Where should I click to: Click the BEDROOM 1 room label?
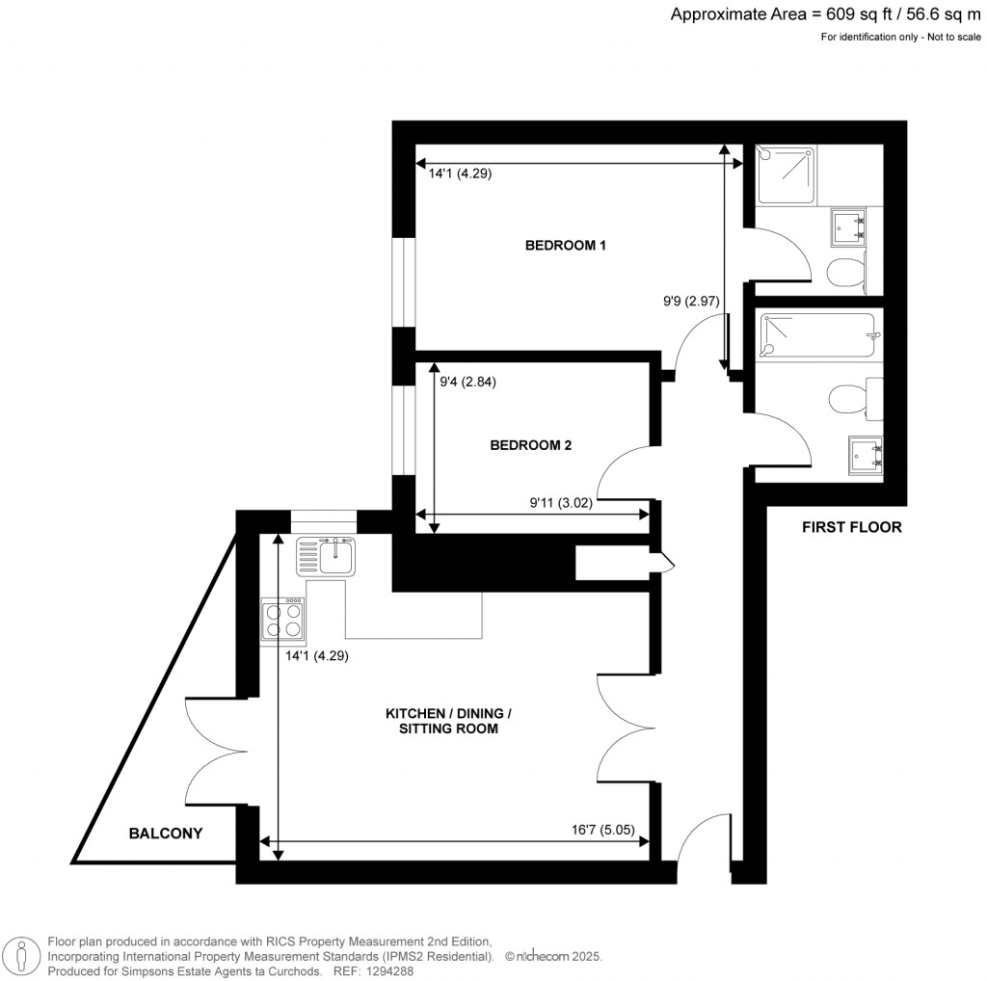click(x=565, y=246)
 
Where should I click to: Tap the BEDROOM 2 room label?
click(x=531, y=445)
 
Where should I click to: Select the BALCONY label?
click(x=166, y=834)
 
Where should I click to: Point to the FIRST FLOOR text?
click(x=851, y=527)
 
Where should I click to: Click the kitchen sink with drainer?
click(x=327, y=556)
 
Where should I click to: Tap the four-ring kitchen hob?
click(x=283, y=620)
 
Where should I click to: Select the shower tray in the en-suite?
click(x=786, y=174)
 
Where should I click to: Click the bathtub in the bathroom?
click(x=815, y=335)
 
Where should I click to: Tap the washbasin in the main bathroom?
click(x=864, y=455)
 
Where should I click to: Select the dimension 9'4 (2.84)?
click(x=467, y=382)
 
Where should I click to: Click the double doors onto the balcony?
click(x=212, y=748)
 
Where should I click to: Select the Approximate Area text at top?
click(x=825, y=14)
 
